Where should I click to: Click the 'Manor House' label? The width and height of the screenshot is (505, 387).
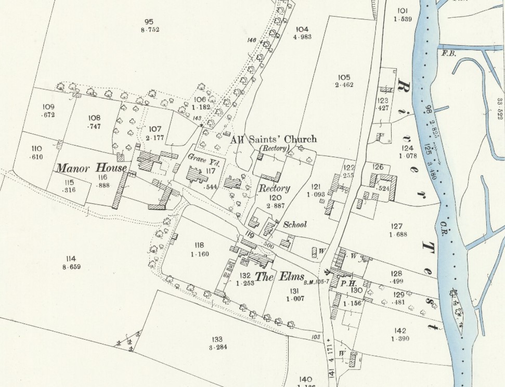(x=92, y=168)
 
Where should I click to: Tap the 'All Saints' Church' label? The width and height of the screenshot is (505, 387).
(x=273, y=139)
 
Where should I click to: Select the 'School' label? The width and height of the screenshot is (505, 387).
(x=295, y=225)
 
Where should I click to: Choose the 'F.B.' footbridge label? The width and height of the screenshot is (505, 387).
(x=448, y=54)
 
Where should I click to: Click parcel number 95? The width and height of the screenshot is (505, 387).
(x=149, y=21)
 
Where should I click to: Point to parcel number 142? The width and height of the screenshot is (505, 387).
(x=400, y=331)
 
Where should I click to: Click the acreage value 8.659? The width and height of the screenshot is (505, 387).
(x=71, y=267)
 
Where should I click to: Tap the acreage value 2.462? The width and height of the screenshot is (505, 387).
(x=344, y=84)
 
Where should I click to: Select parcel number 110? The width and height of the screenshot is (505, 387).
(x=36, y=148)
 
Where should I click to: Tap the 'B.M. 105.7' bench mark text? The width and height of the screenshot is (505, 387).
(x=317, y=282)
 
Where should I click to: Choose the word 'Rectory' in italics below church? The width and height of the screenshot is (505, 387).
(x=275, y=188)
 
